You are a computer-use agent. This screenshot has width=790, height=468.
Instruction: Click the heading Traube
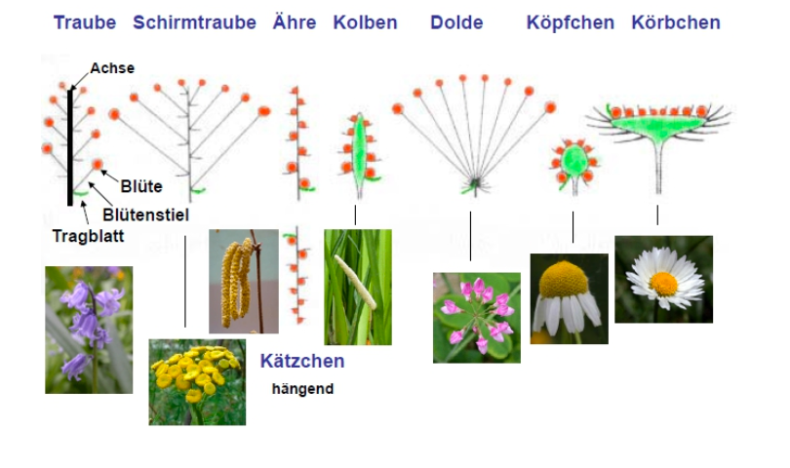click(85, 22)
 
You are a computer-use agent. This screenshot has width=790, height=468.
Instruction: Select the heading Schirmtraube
click(194, 22)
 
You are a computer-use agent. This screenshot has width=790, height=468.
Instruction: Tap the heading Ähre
click(295, 22)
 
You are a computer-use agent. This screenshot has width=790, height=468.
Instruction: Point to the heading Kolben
click(366, 22)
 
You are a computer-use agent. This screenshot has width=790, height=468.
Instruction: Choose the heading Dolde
click(456, 22)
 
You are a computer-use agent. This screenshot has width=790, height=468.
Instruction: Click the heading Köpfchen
click(571, 22)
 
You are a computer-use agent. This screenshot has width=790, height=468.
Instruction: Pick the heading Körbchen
click(676, 22)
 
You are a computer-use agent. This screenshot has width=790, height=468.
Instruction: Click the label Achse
click(112, 68)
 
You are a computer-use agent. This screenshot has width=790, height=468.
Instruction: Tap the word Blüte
click(141, 186)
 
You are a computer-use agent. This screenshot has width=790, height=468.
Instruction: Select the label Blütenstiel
click(145, 215)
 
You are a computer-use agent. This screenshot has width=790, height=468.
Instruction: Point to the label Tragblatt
click(88, 236)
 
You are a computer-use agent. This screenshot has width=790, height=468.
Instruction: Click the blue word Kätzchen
click(302, 361)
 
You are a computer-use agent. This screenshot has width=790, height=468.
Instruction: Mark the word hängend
click(302, 389)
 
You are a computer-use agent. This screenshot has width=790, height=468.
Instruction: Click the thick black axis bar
click(70, 147)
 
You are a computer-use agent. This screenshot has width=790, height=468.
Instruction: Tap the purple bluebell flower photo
click(89, 330)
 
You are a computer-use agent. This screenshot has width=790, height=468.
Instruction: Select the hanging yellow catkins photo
click(244, 281)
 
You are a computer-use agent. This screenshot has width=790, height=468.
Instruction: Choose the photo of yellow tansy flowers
click(197, 382)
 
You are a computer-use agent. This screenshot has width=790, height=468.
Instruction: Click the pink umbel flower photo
click(477, 318)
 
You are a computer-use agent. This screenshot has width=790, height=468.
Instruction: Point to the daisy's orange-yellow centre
click(663, 284)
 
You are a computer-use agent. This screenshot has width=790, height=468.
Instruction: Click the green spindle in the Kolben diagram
click(359, 147)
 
